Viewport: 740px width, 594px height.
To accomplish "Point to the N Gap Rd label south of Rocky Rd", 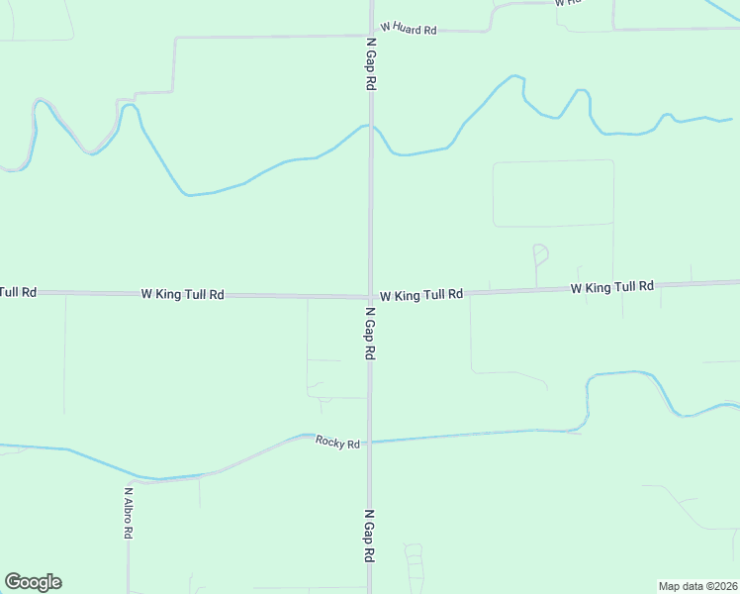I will [x=369, y=538].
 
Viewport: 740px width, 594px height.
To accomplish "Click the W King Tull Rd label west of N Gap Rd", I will [x=182, y=294].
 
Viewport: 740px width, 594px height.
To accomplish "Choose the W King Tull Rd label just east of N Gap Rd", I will [x=421, y=295].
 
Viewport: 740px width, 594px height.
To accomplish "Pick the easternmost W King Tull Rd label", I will [x=611, y=287].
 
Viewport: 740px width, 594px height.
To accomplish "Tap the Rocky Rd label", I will [x=337, y=443].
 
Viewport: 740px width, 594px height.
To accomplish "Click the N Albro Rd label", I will [x=129, y=511].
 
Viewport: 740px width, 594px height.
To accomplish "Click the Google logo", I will [x=33, y=582].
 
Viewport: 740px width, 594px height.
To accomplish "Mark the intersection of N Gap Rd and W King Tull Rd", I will [x=371, y=296].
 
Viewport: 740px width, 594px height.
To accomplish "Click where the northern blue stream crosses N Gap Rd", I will [x=371, y=127].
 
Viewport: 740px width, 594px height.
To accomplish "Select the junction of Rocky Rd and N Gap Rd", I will [x=370, y=443].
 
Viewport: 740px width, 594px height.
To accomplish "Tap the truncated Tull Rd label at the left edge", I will [x=18, y=292].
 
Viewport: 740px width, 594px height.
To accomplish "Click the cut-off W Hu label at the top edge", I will [x=568, y=3].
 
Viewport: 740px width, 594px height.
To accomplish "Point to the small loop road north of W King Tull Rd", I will [x=540, y=253].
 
